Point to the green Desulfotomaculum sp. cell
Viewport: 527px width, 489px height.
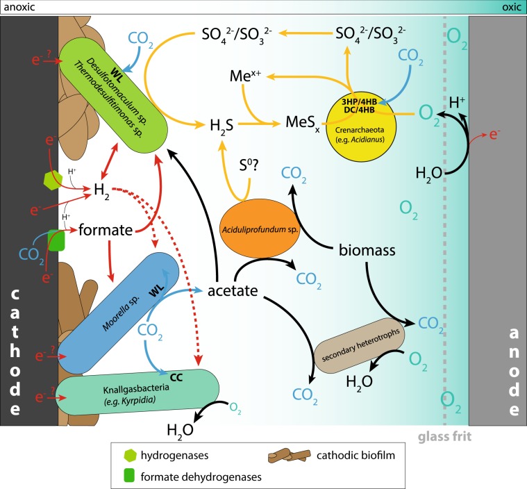pos(112,86)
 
